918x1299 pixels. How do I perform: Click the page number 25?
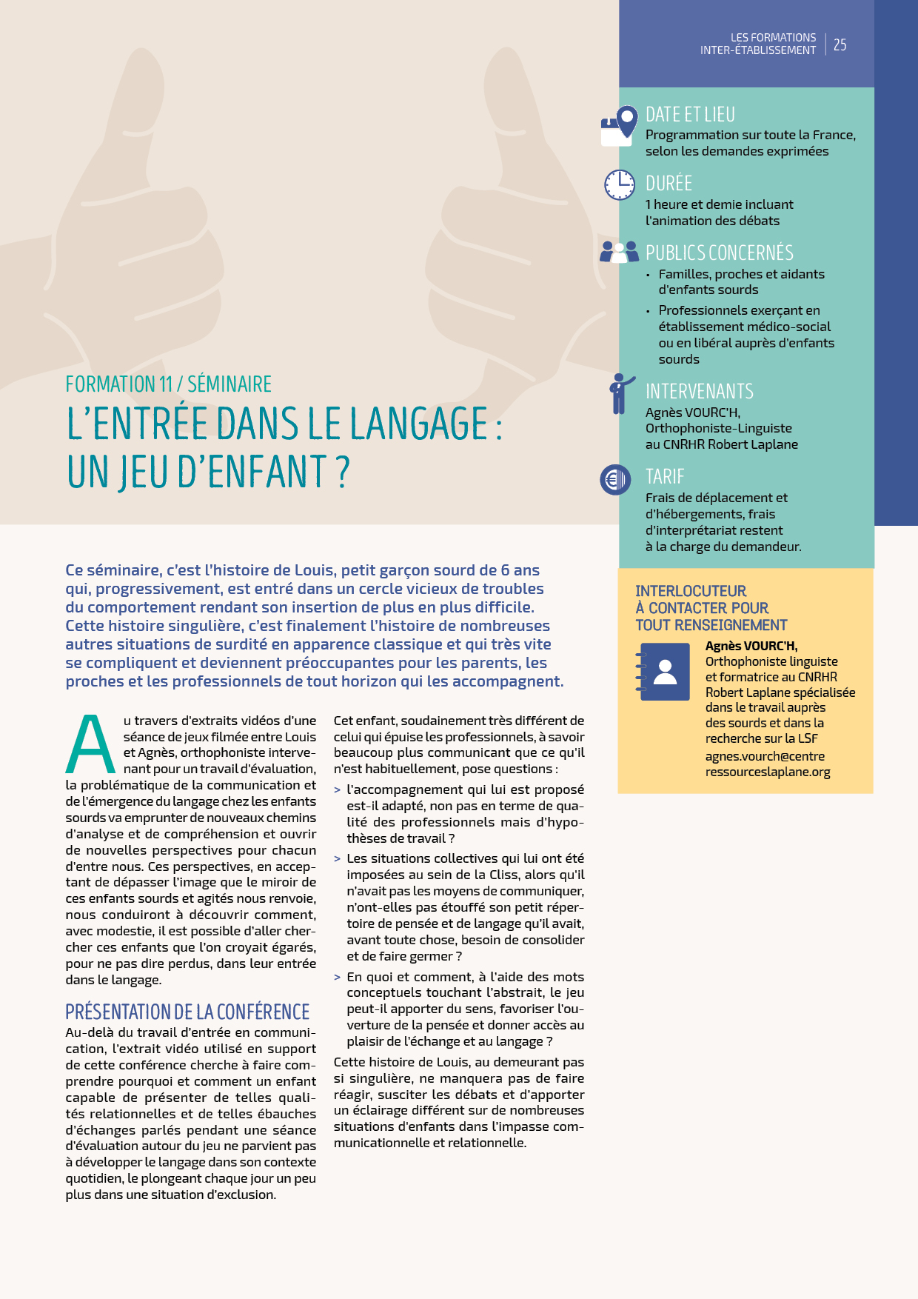pos(840,44)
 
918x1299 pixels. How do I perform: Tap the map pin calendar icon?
pos(620,125)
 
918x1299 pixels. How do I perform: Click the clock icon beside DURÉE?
pos(620,184)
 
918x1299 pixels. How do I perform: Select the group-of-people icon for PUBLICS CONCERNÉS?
pos(619,252)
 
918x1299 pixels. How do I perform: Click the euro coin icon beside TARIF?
pos(615,480)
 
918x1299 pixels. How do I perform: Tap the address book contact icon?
pos(663,672)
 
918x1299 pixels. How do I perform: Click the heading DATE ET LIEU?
pos(690,115)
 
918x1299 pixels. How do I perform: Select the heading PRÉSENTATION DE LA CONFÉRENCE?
pos(187,1012)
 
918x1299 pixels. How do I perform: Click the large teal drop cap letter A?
pos(90,744)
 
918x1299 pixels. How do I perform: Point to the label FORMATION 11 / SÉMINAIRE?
pos(168,384)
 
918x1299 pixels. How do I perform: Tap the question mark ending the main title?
pos(342,472)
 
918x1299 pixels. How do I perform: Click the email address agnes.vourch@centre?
pos(765,756)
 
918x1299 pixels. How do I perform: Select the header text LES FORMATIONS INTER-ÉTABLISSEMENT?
pos(758,44)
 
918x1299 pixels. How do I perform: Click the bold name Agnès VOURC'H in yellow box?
pos(751,646)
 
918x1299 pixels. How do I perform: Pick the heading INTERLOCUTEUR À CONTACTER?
pos(711,608)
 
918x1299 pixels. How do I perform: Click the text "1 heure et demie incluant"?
pos(719,204)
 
